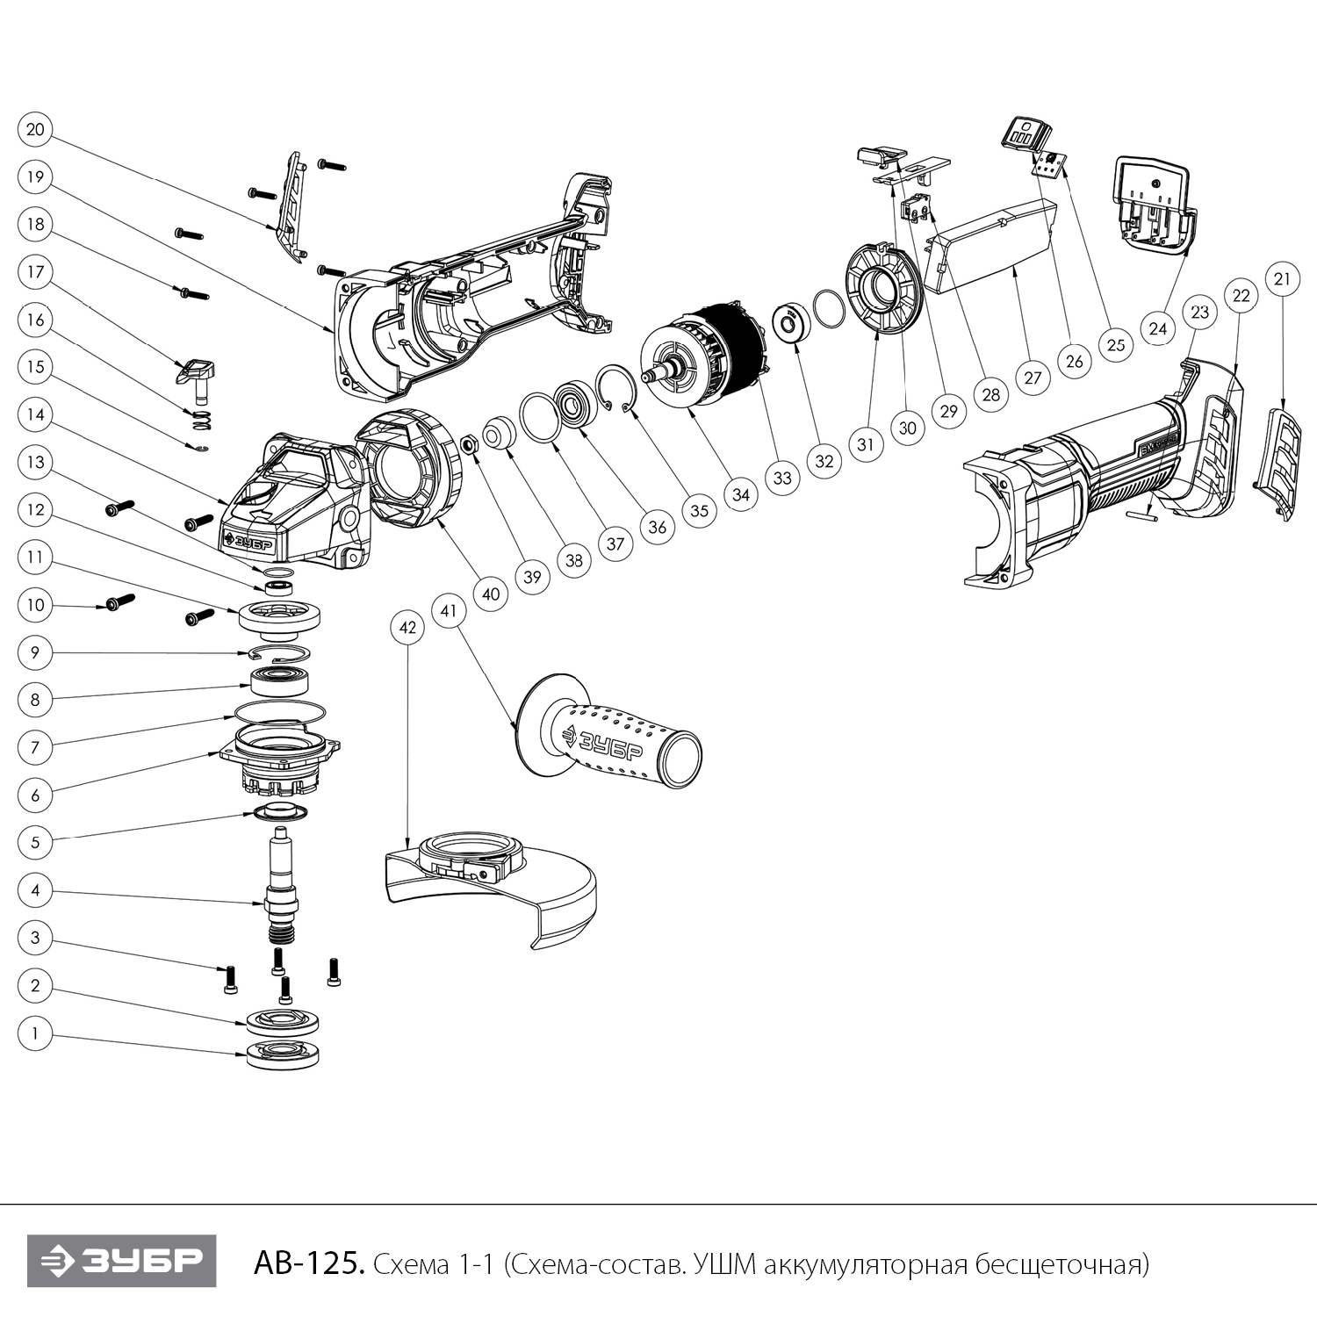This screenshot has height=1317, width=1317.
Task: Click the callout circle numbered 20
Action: click(35, 130)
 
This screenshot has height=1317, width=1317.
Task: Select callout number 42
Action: click(407, 628)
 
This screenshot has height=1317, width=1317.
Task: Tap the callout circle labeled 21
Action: click(1282, 279)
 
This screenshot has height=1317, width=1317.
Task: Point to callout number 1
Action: click(35, 1033)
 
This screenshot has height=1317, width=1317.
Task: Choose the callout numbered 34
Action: click(741, 495)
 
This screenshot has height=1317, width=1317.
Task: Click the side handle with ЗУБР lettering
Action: click(615, 738)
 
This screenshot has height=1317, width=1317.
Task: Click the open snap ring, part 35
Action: click(619, 391)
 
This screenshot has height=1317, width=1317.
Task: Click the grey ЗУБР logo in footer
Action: click(121, 1262)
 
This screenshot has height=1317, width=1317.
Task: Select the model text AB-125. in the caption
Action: click(308, 1264)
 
